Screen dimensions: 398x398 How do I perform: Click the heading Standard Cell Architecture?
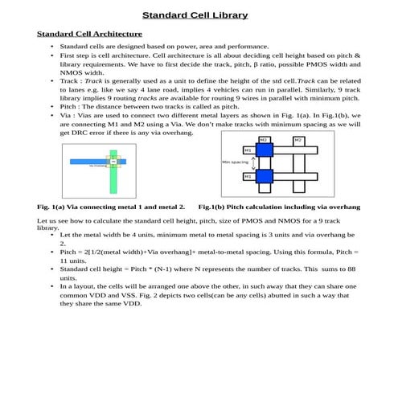90,34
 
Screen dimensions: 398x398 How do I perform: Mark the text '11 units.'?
75,261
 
